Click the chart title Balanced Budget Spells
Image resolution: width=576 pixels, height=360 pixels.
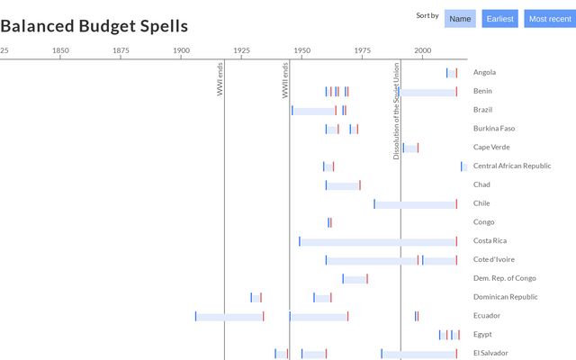[x=94, y=25]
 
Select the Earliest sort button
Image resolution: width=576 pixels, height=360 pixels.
[x=499, y=19]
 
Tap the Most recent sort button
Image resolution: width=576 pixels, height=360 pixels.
[x=550, y=19]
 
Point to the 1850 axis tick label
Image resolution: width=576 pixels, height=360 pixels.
[x=60, y=50]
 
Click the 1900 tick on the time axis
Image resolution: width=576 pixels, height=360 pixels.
[x=181, y=50]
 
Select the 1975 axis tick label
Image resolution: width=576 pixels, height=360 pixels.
[x=362, y=50]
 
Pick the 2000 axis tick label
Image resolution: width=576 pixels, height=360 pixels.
[x=422, y=50]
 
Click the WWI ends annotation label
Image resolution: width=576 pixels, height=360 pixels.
[x=220, y=79]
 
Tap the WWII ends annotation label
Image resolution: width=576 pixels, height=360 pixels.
[x=285, y=79]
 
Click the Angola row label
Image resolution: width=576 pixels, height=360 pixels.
[x=484, y=72]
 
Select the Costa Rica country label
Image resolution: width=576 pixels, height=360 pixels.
[x=490, y=240]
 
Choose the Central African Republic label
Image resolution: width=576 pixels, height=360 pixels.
[x=512, y=166]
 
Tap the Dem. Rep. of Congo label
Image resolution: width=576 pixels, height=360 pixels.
[x=504, y=278]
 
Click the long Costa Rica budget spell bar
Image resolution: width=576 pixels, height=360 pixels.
[x=378, y=241]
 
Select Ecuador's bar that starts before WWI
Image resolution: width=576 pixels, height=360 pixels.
[x=229, y=316]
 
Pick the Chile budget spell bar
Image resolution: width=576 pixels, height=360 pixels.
[x=415, y=204]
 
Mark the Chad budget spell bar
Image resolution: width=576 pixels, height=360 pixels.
[x=343, y=185]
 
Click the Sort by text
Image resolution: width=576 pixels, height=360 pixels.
[x=427, y=15]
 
